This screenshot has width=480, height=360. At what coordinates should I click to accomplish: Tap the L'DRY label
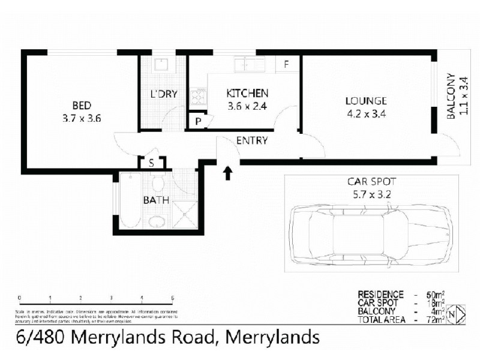click(x=161, y=94)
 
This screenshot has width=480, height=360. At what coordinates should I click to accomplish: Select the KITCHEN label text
click(x=247, y=94)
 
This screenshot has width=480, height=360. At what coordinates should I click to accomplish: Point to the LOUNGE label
click(x=366, y=101)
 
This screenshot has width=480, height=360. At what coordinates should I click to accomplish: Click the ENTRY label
click(x=252, y=141)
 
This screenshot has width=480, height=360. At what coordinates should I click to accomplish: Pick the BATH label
click(x=155, y=200)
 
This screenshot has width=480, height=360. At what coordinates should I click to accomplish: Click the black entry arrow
click(x=228, y=173)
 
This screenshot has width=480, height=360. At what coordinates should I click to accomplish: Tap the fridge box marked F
click(x=287, y=64)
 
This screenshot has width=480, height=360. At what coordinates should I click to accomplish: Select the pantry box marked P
click(x=197, y=121)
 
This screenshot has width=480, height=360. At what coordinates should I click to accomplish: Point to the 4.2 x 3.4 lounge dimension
click(x=366, y=113)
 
